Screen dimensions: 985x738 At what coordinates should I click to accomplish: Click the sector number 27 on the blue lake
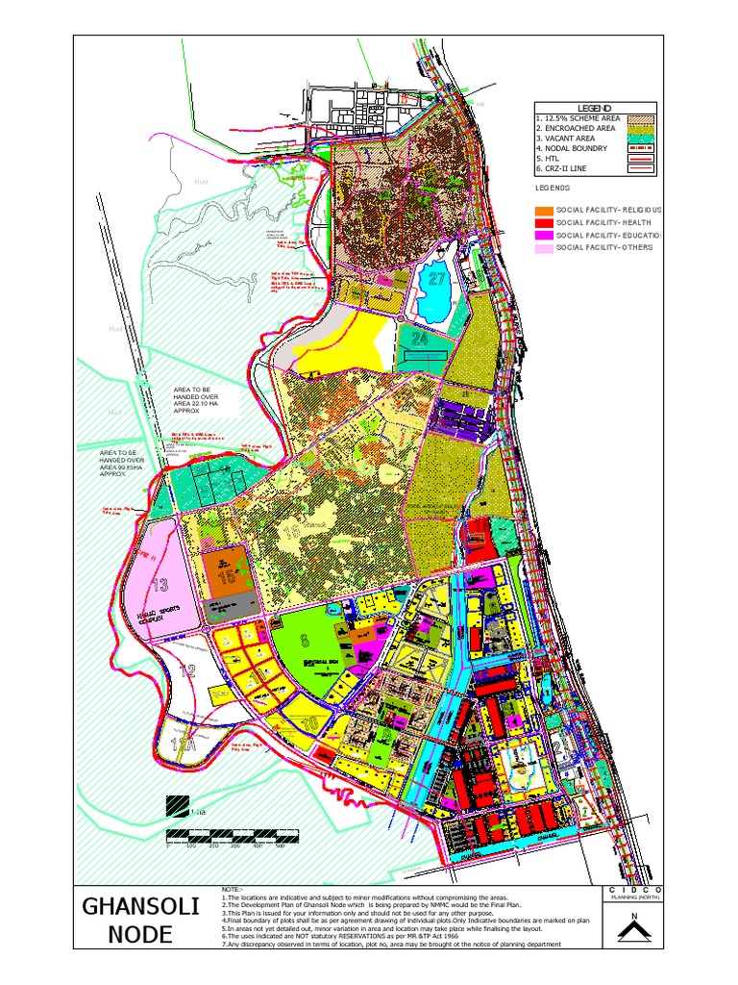[438, 279]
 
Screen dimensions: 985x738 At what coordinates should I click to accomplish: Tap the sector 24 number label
[419, 339]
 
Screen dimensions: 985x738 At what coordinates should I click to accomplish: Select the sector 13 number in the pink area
[160, 584]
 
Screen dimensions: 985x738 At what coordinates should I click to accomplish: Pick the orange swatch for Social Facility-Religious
[544, 210]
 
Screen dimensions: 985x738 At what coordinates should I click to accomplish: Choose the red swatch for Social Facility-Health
[544, 222]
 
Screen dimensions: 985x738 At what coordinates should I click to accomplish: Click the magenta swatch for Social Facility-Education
[544, 235]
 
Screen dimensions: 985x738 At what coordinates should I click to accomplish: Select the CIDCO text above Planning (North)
[630, 892]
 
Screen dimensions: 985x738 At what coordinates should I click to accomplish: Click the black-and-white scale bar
[226, 835]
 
